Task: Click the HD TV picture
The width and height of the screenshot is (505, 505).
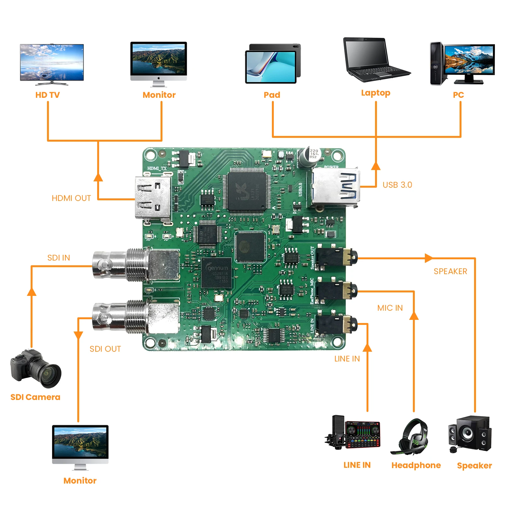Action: point(52,64)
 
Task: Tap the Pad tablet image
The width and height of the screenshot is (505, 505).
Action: point(273,63)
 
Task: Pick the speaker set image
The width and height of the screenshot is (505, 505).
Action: point(470,433)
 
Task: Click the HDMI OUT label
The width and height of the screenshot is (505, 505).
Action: point(71,198)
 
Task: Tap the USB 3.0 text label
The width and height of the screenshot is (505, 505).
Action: point(397,185)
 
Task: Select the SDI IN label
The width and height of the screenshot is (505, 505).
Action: point(59,258)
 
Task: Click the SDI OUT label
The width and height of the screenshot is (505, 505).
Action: point(105,349)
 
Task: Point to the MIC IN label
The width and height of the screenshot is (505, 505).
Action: point(390,308)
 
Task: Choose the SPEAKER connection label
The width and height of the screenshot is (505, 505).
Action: point(450,271)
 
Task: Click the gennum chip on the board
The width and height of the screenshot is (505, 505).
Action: point(216,273)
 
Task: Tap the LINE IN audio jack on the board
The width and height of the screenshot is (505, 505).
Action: point(336,324)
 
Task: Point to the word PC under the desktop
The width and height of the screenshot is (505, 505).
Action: point(458,95)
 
